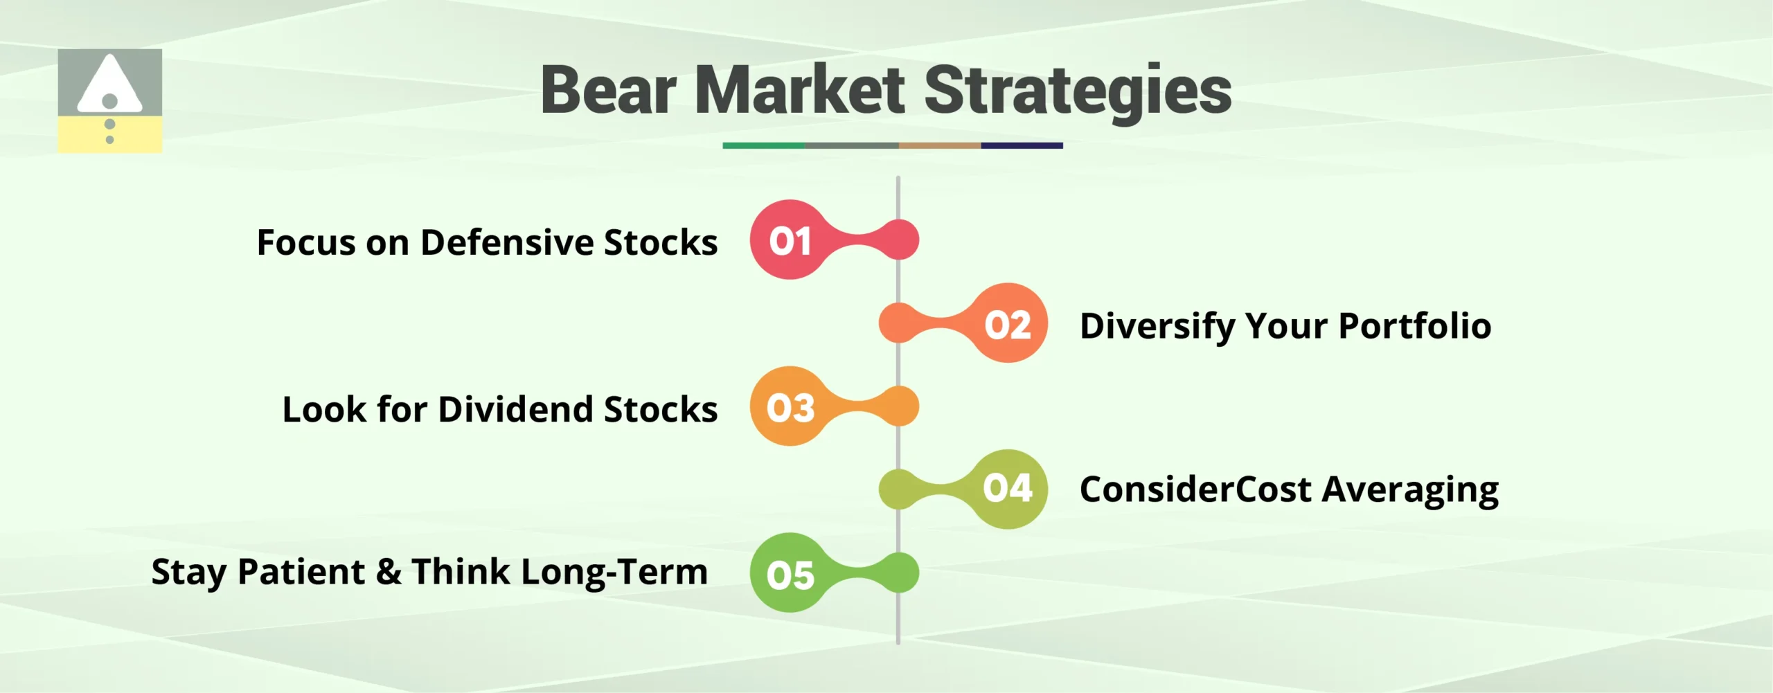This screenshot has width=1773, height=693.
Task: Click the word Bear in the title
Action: tap(608, 91)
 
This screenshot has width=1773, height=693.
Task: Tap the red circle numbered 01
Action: tap(790, 240)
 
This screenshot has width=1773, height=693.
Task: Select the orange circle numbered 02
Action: tap(1008, 323)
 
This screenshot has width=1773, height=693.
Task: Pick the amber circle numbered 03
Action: tap(790, 406)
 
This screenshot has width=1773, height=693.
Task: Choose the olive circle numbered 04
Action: tap(1008, 489)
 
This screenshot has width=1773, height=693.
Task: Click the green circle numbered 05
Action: tap(790, 573)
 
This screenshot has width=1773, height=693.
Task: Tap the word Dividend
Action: tap(516, 409)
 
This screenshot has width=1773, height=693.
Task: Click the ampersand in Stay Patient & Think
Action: tap(389, 572)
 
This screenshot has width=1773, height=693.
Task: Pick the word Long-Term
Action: tap(614, 572)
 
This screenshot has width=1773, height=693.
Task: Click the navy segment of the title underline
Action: tap(1022, 145)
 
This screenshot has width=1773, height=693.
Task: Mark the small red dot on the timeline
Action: tap(899, 240)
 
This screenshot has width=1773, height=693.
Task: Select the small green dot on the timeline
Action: tap(899, 573)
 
